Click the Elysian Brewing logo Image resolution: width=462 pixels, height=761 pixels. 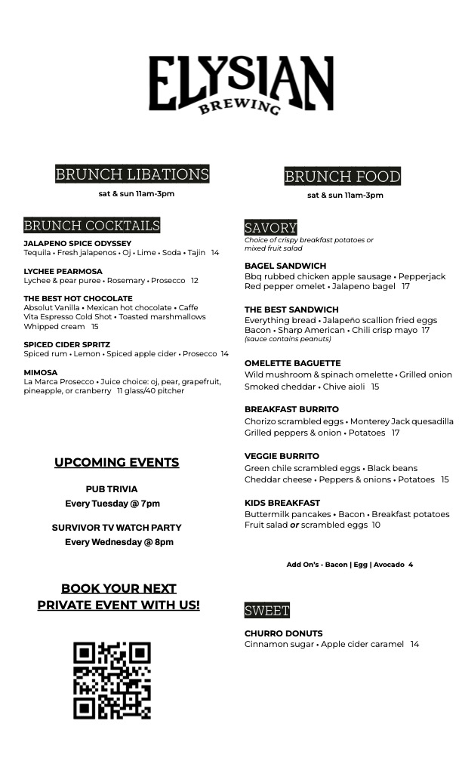point(241,84)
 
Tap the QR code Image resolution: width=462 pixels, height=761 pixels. point(112,680)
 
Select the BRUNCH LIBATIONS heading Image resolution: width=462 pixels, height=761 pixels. point(132,174)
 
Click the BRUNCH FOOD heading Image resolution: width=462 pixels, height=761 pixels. point(342,177)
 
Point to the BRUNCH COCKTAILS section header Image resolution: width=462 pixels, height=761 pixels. point(91,225)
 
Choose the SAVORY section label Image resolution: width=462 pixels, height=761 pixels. point(270,227)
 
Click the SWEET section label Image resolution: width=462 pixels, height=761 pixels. point(266,610)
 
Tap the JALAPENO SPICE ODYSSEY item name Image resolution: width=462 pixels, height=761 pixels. point(77,244)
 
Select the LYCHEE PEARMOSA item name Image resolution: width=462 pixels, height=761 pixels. point(63,271)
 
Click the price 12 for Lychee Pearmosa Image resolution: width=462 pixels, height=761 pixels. point(194,281)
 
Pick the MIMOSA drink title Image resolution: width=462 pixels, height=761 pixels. point(40,372)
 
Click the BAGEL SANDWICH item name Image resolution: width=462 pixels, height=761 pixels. point(285,266)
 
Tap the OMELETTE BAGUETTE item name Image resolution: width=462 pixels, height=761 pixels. point(292,363)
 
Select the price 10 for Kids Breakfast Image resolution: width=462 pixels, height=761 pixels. point(376,525)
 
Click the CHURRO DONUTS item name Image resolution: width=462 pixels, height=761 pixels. point(283,633)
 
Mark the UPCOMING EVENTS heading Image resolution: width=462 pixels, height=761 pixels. point(116,462)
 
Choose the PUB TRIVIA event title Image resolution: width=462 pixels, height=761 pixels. point(112,489)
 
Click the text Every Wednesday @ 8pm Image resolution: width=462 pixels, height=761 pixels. point(119,542)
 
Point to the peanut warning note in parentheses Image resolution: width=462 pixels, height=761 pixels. point(288,340)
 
